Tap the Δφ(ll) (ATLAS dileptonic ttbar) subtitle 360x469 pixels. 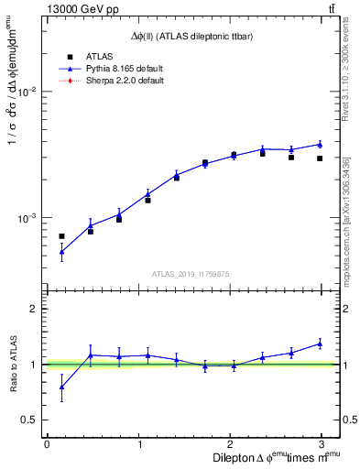coord(191,36)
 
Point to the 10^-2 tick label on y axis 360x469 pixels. coord(26,92)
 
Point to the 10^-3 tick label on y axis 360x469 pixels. coord(26,219)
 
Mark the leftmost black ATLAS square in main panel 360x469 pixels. coord(61,236)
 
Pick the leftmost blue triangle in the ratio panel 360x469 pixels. coord(61,387)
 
